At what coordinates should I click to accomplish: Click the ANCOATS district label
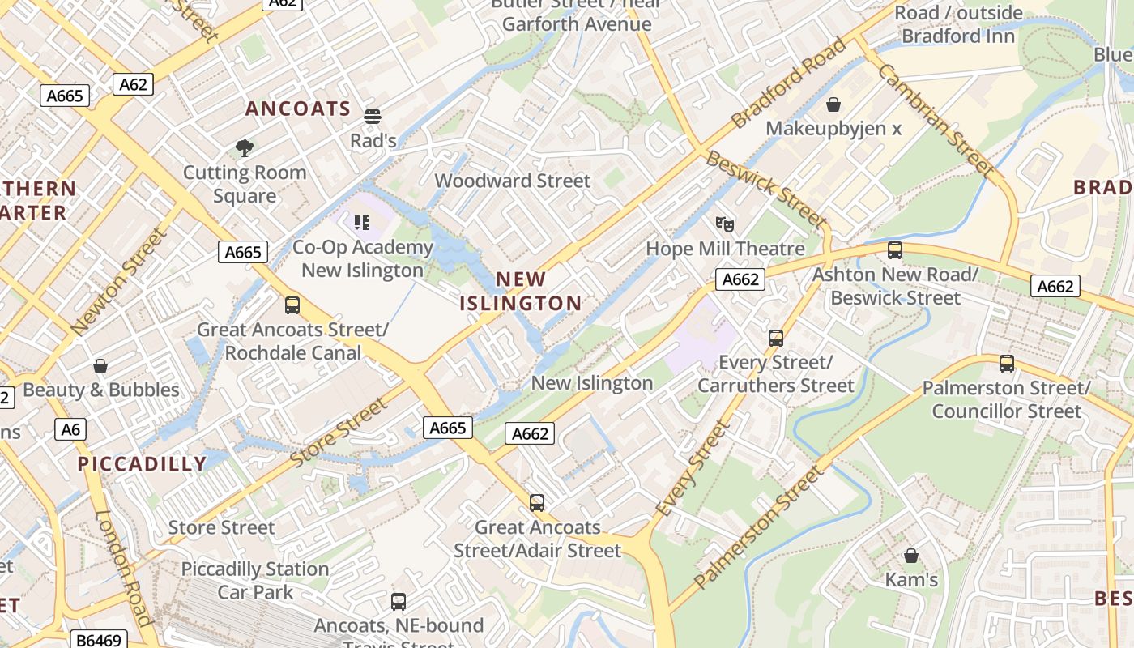(x=298, y=109)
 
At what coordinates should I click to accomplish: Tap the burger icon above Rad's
(x=373, y=117)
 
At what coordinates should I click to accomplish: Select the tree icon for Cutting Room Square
(x=244, y=147)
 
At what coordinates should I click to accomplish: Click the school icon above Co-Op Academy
(x=362, y=222)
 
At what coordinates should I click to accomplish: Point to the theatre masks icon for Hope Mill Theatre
(x=725, y=224)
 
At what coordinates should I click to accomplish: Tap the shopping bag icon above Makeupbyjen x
(x=833, y=104)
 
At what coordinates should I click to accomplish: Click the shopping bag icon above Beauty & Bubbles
(x=100, y=366)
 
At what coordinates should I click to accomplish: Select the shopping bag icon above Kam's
(x=911, y=556)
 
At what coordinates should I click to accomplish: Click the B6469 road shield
(x=99, y=640)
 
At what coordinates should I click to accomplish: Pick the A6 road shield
(x=70, y=428)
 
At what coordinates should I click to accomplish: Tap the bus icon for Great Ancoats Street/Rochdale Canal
(x=292, y=305)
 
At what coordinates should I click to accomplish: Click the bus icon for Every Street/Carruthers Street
(x=776, y=338)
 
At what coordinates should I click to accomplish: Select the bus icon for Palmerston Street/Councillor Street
(x=1007, y=364)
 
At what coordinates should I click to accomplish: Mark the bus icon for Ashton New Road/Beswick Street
(x=895, y=250)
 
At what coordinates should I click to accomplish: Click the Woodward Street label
(x=513, y=181)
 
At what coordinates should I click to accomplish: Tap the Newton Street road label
(x=118, y=281)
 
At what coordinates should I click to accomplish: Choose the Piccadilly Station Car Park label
(x=255, y=581)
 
